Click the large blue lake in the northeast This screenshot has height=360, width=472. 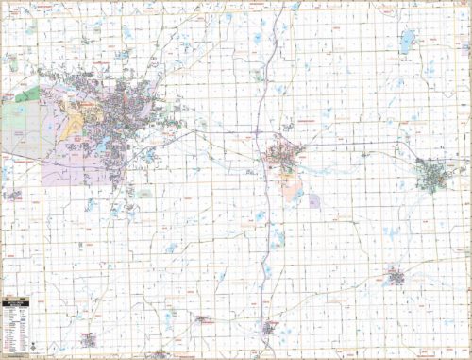click(407, 41)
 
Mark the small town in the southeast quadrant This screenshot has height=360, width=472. click(395, 278)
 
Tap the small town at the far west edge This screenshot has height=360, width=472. click(13, 195)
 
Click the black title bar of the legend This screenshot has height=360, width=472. click(17, 302)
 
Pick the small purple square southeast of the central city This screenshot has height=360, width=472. click(313, 200)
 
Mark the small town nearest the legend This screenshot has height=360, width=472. click(89, 337)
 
